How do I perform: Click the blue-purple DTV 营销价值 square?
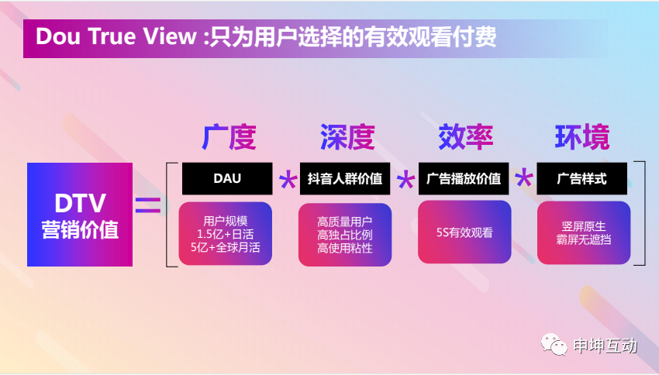coord(80,214)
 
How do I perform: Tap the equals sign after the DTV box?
coord(148,205)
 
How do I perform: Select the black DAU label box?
coord(227,178)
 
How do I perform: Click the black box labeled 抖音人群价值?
coord(345,178)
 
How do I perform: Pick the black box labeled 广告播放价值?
coord(464,178)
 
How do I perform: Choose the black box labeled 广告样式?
coord(581,178)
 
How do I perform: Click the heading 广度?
coord(229,137)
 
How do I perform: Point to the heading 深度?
coord(347,137)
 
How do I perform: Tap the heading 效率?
coord(466,137)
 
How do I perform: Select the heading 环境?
coord(582,137)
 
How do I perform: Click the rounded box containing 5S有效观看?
coord(464,232)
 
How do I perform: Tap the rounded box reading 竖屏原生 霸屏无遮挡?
coord(584,233)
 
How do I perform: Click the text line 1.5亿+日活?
coord(226,234)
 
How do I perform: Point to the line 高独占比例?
coord(345,236)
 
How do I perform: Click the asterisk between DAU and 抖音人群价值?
coord(288,180)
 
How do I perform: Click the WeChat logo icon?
coord(554,344)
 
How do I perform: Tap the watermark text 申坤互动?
coord(606,346)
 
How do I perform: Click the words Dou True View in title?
coord(116,36)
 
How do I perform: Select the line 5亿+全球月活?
coord(226,247)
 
